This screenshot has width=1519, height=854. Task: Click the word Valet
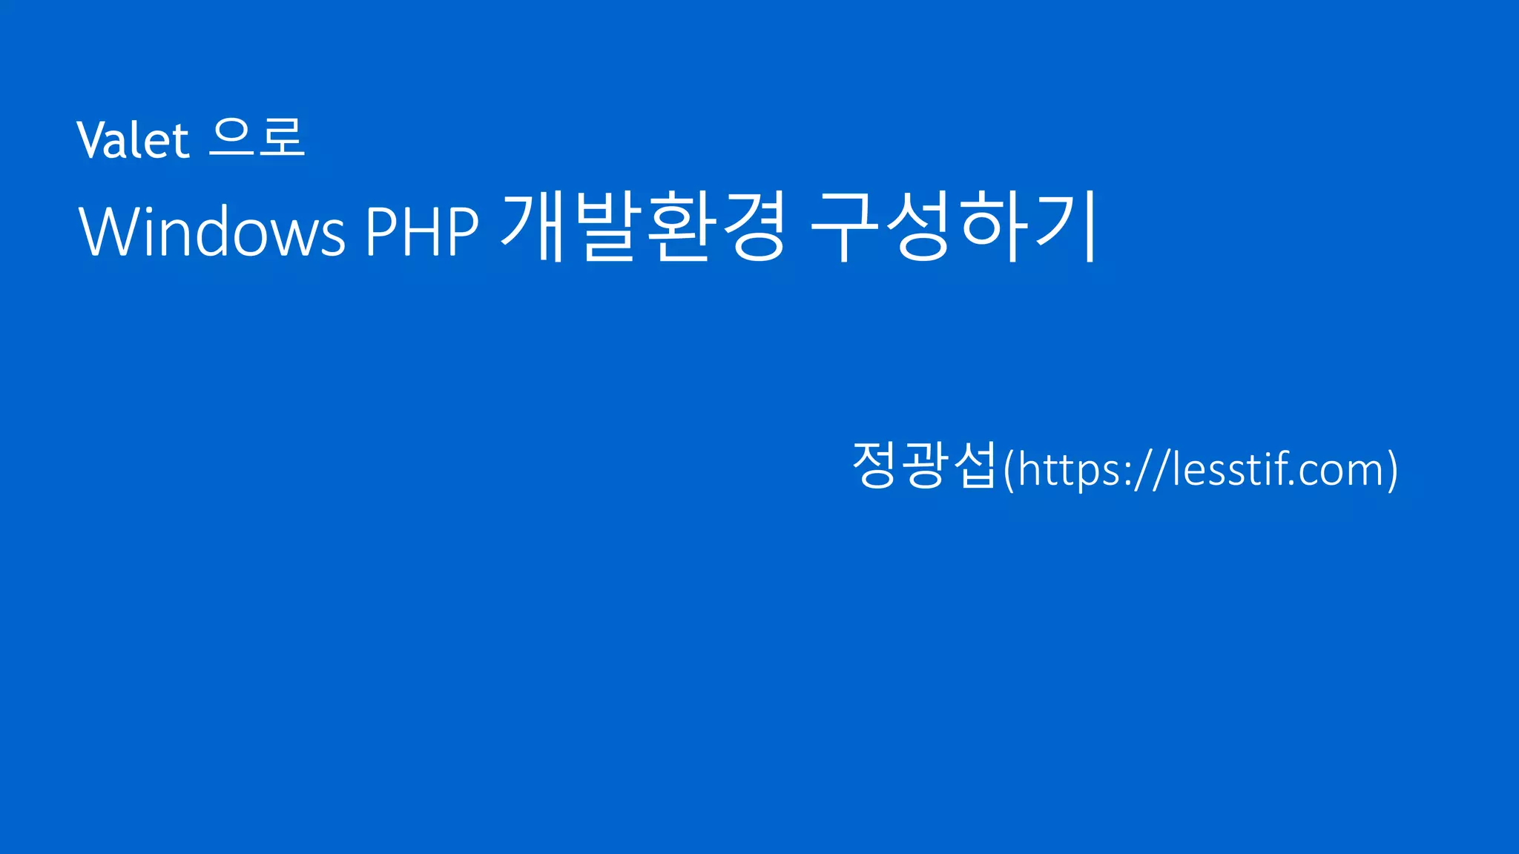pos(133,139)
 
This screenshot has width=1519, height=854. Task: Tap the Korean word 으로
pos(257,138)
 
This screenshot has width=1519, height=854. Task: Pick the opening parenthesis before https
pos(1008,470)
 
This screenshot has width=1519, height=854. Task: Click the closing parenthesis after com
pos(1392,470)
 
